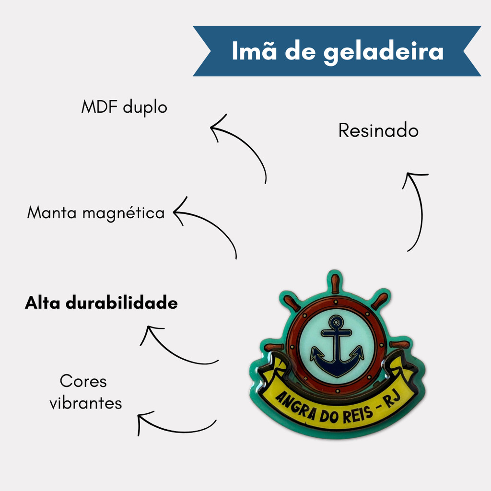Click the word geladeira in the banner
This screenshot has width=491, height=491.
click(384, 52)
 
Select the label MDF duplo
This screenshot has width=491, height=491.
click(124, 107)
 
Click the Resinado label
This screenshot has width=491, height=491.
click(378, 130)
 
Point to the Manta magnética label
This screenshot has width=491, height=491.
click(96, 212)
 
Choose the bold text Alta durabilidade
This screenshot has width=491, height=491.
click(101, 303)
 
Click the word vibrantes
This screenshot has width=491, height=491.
click(86, 403)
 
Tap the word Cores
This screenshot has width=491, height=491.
click(83, 382)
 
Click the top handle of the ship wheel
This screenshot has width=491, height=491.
click(335, 282)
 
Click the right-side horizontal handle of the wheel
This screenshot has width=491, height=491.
click(400, 345)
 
